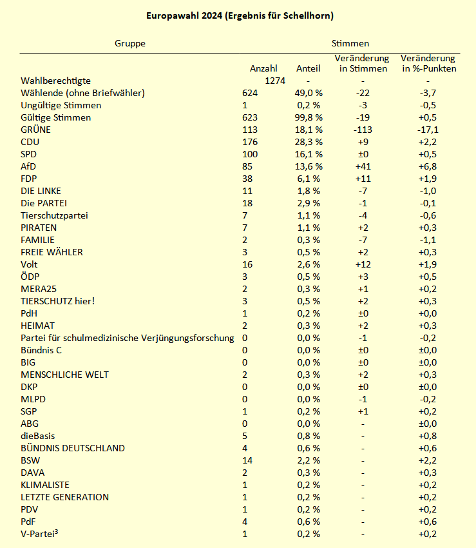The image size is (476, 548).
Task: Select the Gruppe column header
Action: pyautogui.click(x=130, y=43)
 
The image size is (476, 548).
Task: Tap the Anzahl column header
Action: pyautogui.click(x=263, y=68)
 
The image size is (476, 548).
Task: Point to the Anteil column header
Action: pyautogui.click(x=309, y=68)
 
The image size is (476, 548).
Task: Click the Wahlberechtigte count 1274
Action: pyautogui.click(x=275, y=81)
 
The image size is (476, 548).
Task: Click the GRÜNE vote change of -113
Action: pyautogui.click(x=363, y=130)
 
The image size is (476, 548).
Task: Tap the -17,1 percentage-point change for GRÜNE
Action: pyautogui.click(x=428, y=130)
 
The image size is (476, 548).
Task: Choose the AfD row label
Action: pyautogui.click(x=28, y=166)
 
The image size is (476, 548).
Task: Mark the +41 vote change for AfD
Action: pyautogui.click(x=363, y=166)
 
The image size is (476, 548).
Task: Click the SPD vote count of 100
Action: pyautogui.click(x=250, y=154)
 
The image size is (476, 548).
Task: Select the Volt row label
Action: pyautogui.click(x=30, y=264)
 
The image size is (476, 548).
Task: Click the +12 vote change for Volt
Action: pyautogui.click(x=363, y=264)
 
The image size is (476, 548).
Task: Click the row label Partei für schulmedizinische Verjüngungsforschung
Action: pyautogui.click(x=128, y=338)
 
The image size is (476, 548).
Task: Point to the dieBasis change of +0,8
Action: pyautogui.click(x=428, y=436)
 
